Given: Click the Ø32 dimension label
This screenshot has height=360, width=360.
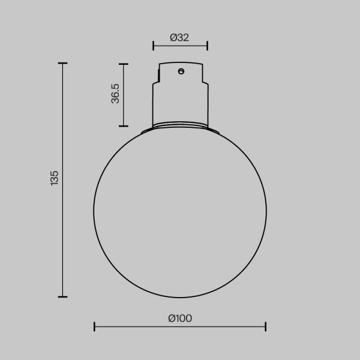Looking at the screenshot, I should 180,37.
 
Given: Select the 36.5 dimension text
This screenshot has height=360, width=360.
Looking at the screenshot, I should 116,94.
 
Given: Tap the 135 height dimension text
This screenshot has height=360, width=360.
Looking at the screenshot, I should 55,178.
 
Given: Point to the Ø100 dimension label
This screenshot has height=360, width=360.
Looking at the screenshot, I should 180,318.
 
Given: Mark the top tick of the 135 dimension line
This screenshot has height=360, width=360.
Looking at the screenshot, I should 62,63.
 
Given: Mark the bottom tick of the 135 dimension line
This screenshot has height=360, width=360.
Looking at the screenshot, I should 62,296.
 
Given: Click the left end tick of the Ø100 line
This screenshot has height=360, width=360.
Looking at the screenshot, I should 95,326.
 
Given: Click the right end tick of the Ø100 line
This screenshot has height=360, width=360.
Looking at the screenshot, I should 266,326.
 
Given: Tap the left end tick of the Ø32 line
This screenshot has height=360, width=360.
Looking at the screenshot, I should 154,45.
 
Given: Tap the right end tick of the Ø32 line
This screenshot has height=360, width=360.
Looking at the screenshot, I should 207,45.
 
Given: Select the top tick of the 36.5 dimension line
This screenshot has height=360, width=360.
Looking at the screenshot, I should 124,64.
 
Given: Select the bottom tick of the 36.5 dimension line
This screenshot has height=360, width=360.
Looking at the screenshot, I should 124,126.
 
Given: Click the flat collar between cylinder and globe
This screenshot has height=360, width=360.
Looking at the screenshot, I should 180,128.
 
